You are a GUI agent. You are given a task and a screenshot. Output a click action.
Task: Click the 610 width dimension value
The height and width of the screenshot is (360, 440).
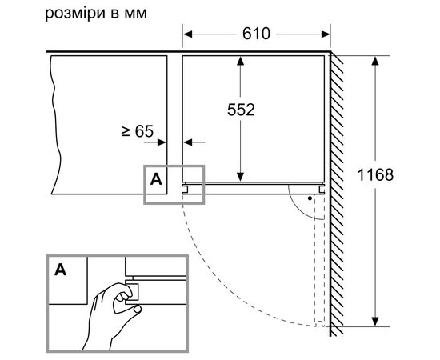click(256, 34)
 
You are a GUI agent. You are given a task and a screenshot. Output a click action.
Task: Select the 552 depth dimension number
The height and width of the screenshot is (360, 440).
click(241, 110)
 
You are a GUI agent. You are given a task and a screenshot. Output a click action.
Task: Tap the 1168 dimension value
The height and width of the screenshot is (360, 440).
click(375, 175)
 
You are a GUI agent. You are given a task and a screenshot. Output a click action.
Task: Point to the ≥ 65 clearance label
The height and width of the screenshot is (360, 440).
click(138, 131)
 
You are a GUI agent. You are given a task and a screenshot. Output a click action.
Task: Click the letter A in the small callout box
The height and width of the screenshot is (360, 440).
click(156, 179)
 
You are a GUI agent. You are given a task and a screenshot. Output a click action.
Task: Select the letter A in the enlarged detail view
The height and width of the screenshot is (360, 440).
click(61, 270)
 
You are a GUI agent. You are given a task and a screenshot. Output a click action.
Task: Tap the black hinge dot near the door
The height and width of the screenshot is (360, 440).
click(310, 198)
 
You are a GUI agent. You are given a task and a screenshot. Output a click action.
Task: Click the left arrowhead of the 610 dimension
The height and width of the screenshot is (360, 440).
click(187, 34)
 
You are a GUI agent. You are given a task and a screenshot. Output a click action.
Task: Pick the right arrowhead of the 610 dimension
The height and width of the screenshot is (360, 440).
click(326, 34)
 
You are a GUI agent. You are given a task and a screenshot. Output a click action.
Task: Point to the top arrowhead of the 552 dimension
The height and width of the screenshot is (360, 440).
click(240, 61)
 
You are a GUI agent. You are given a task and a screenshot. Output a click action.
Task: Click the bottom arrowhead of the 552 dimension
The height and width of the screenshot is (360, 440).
click(240, 177)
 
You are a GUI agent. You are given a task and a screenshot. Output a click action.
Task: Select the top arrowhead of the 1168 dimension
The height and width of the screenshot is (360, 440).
click(375, 61)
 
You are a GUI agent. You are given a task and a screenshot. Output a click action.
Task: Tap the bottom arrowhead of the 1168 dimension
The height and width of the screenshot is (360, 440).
click(375, 322)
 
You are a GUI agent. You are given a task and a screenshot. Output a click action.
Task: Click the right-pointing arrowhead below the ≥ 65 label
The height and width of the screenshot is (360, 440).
click(162, 142)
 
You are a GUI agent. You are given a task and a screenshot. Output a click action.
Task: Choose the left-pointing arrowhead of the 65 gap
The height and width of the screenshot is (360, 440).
click(188, 142)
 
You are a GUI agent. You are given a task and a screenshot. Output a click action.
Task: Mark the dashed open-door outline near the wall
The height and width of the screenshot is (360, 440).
click(319, 261)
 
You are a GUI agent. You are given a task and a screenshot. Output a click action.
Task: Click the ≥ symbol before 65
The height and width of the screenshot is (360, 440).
click(126, 131)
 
